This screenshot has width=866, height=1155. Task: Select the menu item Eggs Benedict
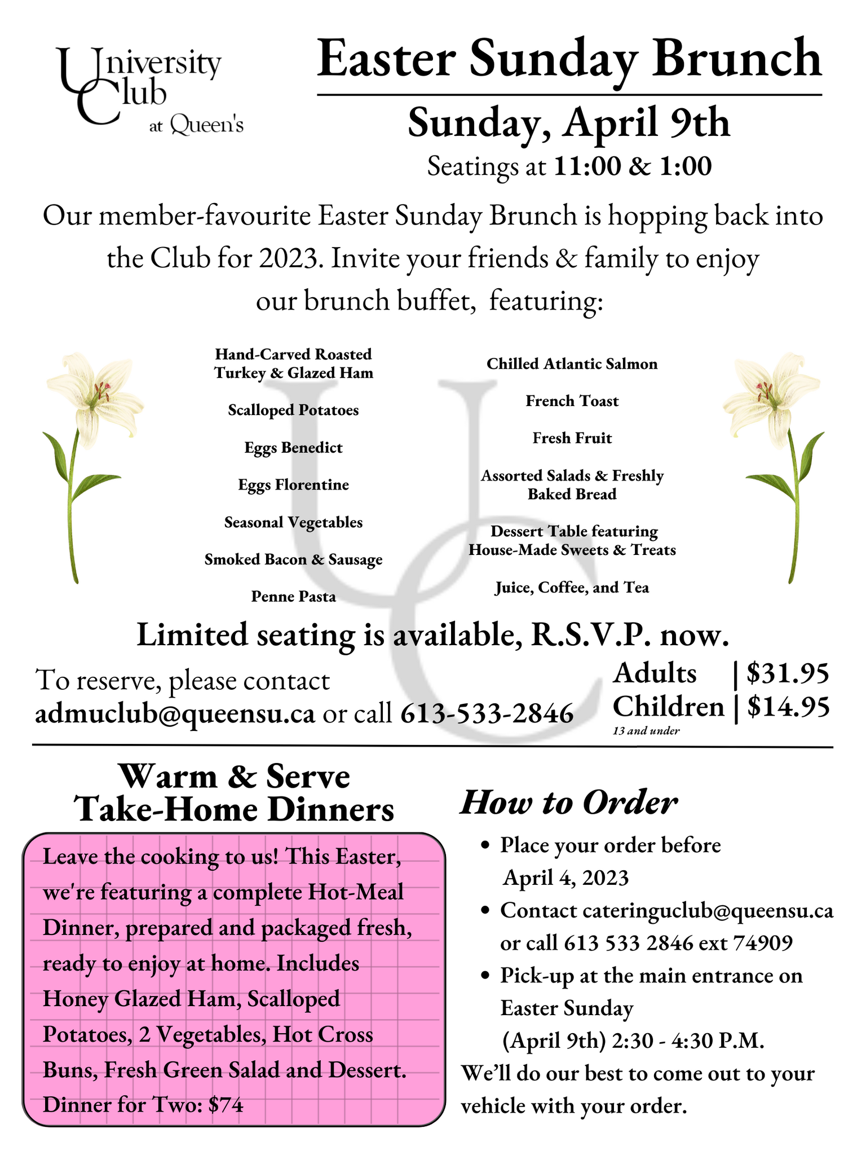[293, 448]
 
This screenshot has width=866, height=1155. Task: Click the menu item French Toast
[572, 401]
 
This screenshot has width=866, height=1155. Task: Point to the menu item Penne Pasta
[293, 597]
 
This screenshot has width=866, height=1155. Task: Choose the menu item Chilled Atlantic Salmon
[572, 364]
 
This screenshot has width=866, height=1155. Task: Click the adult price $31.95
[787, 673]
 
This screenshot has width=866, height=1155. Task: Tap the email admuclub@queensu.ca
[175, 714]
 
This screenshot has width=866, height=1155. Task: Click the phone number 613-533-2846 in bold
[487, 714]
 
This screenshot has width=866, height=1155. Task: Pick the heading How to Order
[568, 803]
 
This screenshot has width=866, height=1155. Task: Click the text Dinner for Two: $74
[143, 1105]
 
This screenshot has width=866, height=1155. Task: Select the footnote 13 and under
[646, 731]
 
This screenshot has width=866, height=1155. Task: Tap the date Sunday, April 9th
[568, 123]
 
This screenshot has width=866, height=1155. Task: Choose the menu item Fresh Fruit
[572, 438]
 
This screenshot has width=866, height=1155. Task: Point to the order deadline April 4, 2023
[565, 878]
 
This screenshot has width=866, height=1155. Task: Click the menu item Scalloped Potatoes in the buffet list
[293, 411]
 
